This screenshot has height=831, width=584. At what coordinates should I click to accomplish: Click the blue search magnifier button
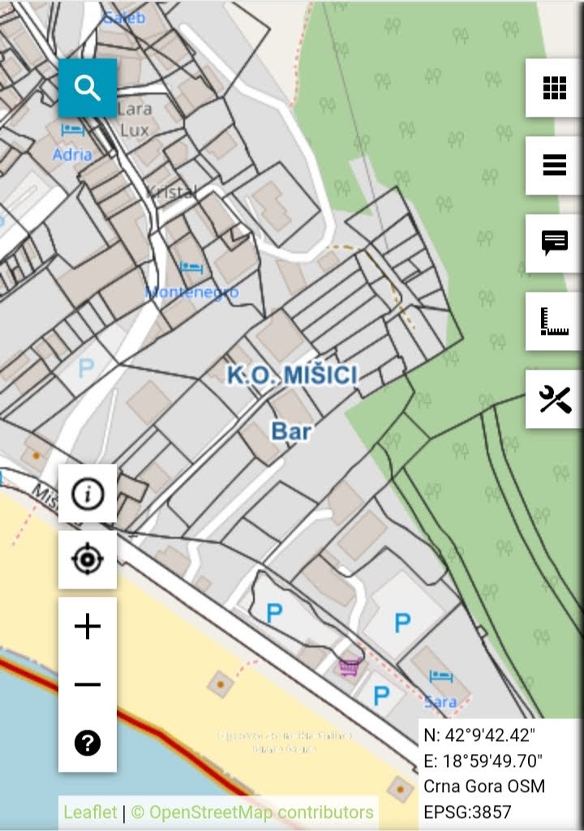[88, 88]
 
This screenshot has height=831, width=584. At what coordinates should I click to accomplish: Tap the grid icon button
[554, 88]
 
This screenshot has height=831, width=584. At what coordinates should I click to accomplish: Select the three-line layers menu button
[554, 165]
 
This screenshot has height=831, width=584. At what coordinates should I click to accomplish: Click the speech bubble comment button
[554, 242]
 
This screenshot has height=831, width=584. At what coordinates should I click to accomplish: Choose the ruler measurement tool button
[554, 321]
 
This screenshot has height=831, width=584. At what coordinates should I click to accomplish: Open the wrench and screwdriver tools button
[554, 399]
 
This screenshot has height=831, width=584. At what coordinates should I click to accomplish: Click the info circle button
[88, 493]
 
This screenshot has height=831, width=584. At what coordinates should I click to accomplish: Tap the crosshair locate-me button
[88, 559]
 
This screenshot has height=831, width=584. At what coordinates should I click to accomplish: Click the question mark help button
[88, 743]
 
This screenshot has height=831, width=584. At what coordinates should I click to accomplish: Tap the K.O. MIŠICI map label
[292, 375]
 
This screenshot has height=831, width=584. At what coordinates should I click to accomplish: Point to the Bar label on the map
[291, 430]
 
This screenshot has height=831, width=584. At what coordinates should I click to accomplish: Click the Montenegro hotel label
[192, 292]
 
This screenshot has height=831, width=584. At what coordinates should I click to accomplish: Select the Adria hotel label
[72, 153]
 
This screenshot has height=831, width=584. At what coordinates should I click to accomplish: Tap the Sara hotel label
[440, 700]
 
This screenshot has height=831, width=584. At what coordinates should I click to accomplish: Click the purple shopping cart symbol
[350, 666]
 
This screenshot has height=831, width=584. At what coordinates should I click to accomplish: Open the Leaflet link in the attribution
[90, 812]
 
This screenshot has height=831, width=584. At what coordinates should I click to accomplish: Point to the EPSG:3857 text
[467, 812]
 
